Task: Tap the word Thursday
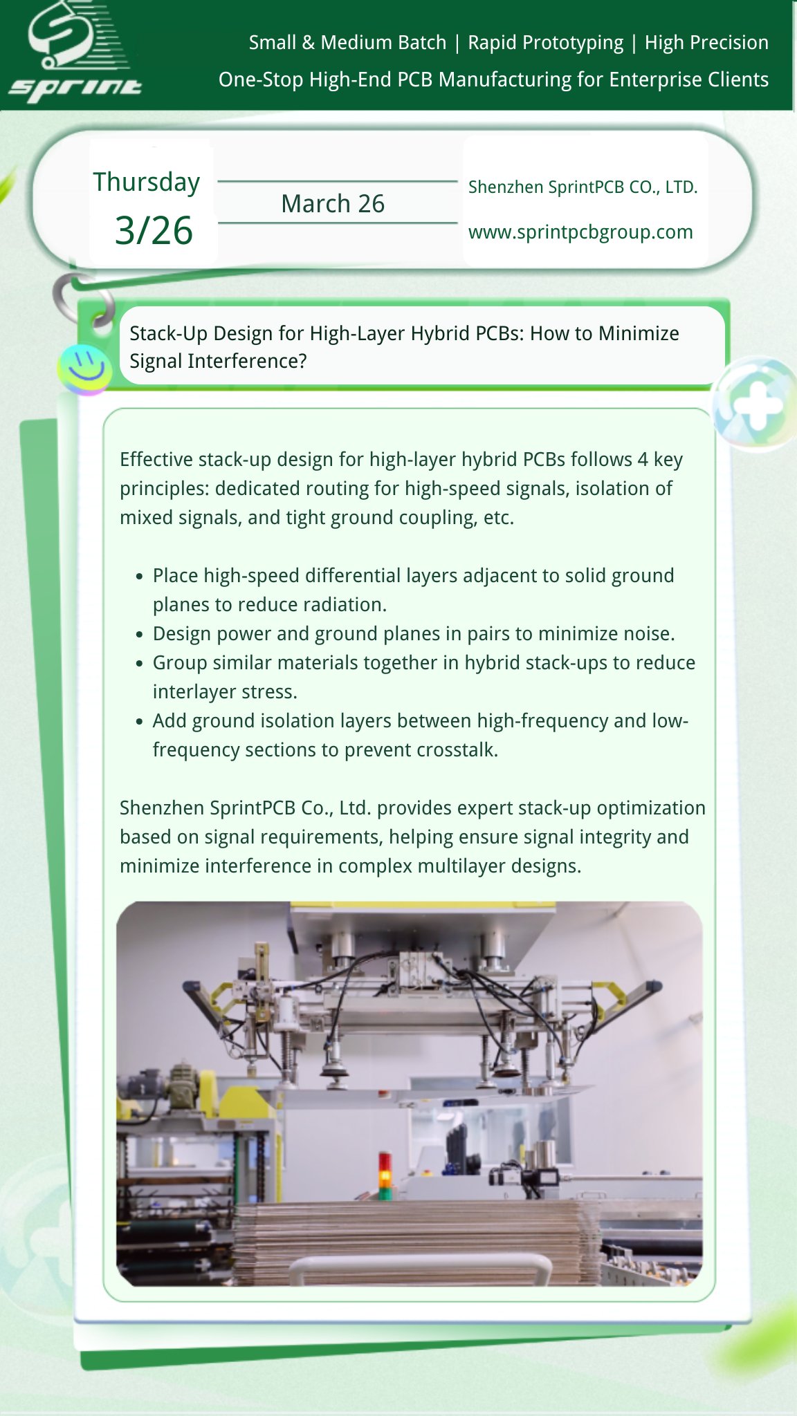[147, 183]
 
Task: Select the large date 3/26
[154, 230]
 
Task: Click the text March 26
[333, 204]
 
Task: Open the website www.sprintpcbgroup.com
[580, 232]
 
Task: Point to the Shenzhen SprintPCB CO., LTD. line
[583, 187]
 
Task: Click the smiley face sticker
[85, 369]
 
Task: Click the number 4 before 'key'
[643, 460]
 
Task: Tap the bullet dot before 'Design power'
[140, 635]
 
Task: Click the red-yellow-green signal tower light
[385, 1175]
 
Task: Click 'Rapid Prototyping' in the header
[545, 43]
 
